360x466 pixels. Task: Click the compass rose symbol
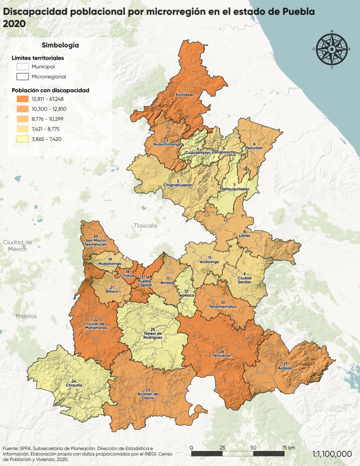[x=333, y=49]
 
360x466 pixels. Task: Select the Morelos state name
[x=26, y=316]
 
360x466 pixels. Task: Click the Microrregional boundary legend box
[x=22, y=77]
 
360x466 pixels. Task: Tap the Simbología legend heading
[x=60, y=45]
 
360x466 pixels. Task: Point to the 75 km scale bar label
[x=288, y=448]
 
